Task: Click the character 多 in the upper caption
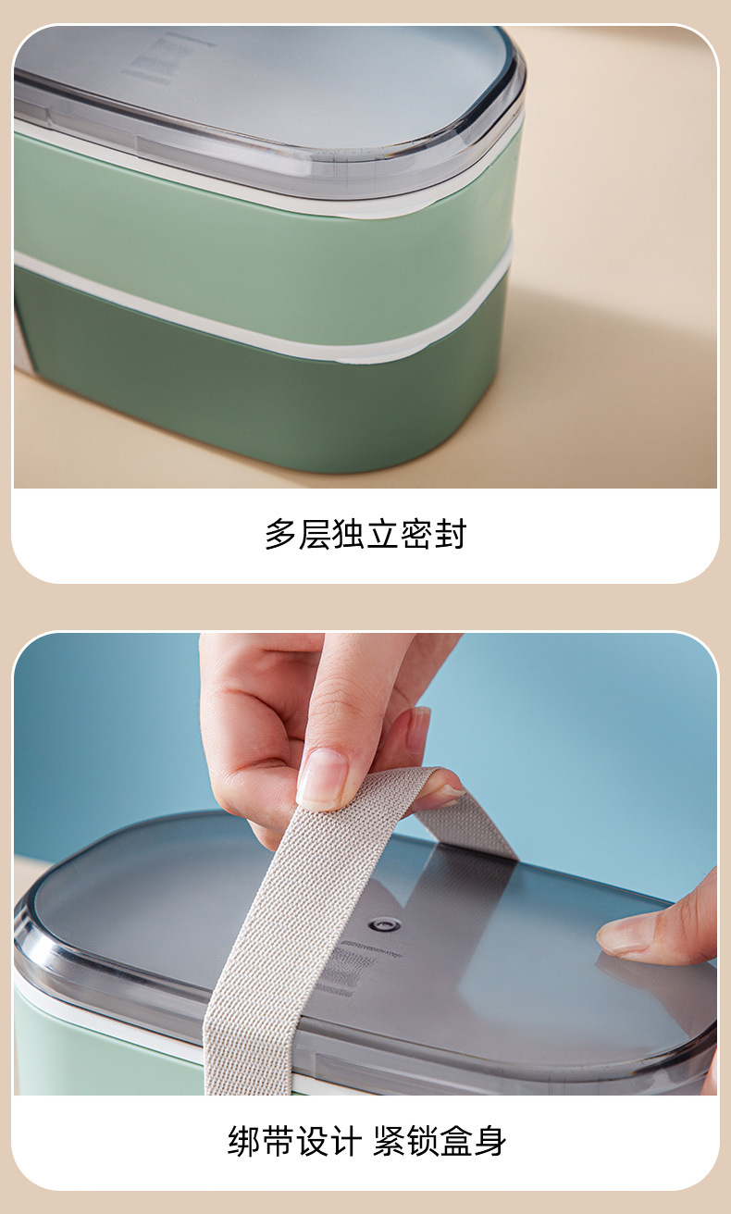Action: (x=280, y=535)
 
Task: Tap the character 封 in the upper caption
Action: (x=450, y=535)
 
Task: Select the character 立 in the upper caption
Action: (x=382, y=535)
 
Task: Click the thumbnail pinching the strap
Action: (x=321, y=779)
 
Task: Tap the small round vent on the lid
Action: (x=385, y=923)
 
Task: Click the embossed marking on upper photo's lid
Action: (x=163, y=58)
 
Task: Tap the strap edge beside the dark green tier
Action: (x=23, y=347)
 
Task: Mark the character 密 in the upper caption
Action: (x=416, y=535)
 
